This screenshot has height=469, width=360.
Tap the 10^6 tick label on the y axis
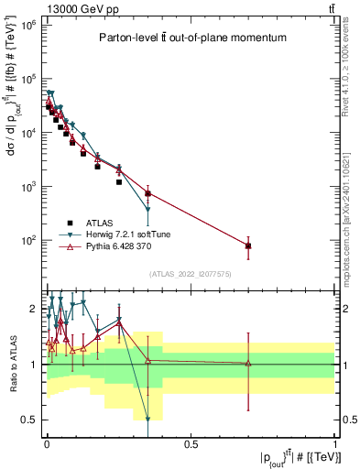(25, 25)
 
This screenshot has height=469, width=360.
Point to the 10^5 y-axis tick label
(25, 79)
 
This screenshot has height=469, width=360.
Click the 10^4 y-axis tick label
(25, 133)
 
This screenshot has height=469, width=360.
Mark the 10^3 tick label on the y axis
(25, 187)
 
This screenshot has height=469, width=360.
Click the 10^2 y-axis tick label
(25, 240)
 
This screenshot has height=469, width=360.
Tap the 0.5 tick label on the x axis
(191, 444)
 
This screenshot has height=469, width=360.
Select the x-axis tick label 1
(335, 444)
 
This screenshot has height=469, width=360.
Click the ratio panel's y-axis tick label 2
(33, 309)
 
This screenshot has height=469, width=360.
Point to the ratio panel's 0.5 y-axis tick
(29, 420)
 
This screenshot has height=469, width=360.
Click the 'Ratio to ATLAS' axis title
(12, 364)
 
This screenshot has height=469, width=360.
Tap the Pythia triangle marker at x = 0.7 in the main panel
(248, 245)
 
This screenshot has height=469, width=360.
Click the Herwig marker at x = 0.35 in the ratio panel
(147, 420)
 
